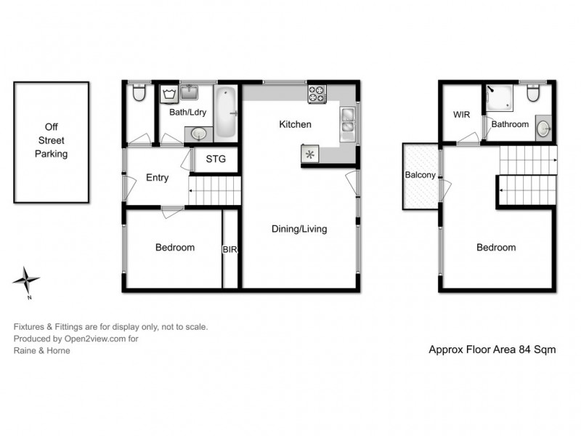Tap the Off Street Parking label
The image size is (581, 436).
pyautogui.click(x=51, y=143)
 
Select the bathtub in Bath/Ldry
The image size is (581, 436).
pyautogui.click(x=226, y=113)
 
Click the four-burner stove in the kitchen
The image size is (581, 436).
pyautogui.click(x=317, y=94)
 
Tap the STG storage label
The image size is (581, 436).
pyautogui.click(x=216, y=159)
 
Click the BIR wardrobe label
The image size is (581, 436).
pyautogui.click(x=231, y=249)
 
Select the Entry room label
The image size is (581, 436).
pyautogui.click(x=157, y=178)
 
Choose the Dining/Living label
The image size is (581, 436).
pyautogui.click(x=299, y=229)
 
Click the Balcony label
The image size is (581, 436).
pyautogui.click(x=420, y=175)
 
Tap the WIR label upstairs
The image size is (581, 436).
pyautogui.click(x=462, y=115)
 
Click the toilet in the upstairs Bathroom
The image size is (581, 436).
pyautogui.click(x=533, y=94)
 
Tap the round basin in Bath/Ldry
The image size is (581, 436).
pyautogui.click(x=198, y=134)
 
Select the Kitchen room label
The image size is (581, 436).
pyautogui.click(x=295, y=124)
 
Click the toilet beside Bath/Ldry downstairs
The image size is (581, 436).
pyautogui.click(x=139, y=93)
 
